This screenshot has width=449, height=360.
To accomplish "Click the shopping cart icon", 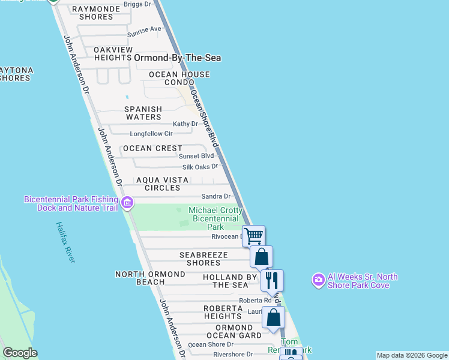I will click(x=254, y=236).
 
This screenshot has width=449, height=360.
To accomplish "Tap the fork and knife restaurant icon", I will click(x=272, y=280).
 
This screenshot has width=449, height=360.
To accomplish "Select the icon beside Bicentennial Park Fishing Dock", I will click(x=127, y=203).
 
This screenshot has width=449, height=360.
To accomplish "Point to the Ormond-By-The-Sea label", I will click(x=178, y=58).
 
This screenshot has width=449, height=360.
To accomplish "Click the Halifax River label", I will click(x=65, y=242).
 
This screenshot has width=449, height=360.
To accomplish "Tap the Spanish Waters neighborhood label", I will click(x=143, y=113).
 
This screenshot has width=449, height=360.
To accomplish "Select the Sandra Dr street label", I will click(x=216, y=196).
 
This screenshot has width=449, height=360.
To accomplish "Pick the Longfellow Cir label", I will click(x=151, y=133).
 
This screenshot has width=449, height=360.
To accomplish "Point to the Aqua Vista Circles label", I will click(x=162, y=184).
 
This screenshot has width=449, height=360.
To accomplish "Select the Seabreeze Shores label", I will click(x=203, y=259).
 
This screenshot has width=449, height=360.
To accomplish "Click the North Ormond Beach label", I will click(x=150, y=278).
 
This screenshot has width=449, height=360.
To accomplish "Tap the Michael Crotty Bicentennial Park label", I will click(x=215, y=218).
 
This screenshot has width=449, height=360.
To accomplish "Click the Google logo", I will click(x=20, y=353).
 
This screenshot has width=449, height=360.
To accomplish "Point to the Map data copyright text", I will click(x=412, y=355).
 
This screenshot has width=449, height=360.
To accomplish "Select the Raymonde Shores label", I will click(x=92, y=13).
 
